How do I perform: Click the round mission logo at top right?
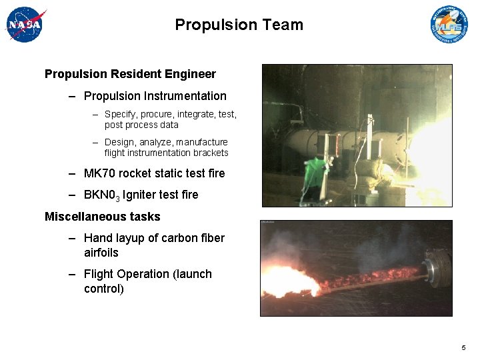tap(449, 25)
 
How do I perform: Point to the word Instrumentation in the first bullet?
tap(185, 96)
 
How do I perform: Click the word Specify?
tap(122, 114)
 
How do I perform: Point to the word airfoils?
tap(101, 253)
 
